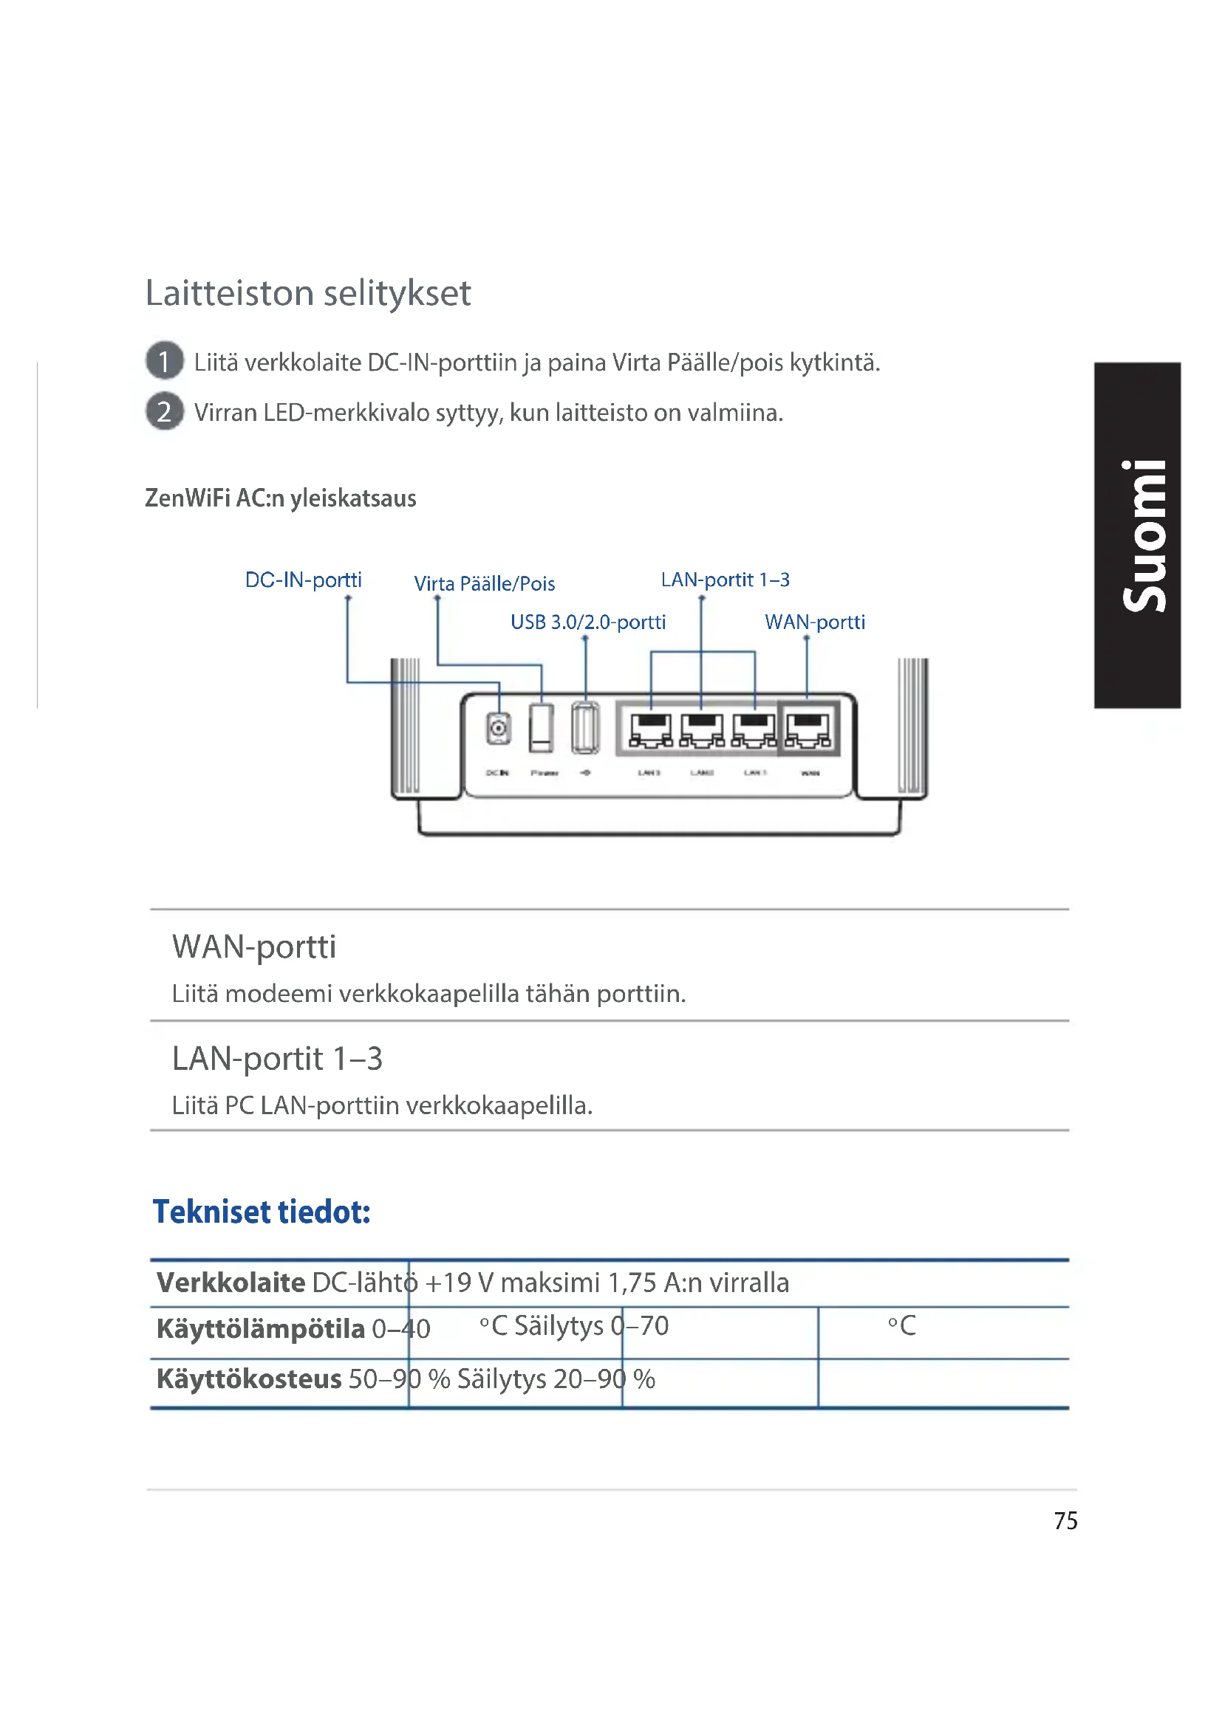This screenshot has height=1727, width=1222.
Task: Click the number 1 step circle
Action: pos(164,361)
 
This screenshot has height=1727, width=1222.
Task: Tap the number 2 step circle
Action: pos(164,411)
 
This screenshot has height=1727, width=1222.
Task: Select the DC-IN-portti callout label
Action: pos(303,580)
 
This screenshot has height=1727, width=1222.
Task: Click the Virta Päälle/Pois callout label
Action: pos(484,584)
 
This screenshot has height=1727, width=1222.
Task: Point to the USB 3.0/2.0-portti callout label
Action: pos(587,622)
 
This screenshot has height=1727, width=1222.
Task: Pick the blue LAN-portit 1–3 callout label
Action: pos(725,580)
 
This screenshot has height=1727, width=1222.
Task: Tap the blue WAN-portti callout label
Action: pos(814,622)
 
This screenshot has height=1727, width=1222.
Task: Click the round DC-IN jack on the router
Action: pos(498,728)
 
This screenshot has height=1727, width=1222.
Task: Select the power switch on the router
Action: pos(540,727)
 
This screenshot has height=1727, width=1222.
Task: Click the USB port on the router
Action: pos(585,727)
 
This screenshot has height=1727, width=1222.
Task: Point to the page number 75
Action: pos(1065,1521)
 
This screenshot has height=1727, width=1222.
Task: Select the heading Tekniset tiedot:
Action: pos(261,1212)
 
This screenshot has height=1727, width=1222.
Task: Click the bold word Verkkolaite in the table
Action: pos(231,1283)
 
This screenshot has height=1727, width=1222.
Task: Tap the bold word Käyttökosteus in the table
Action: pos(248,1378)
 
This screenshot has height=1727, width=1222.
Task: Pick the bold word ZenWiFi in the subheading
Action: pos(188,498)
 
